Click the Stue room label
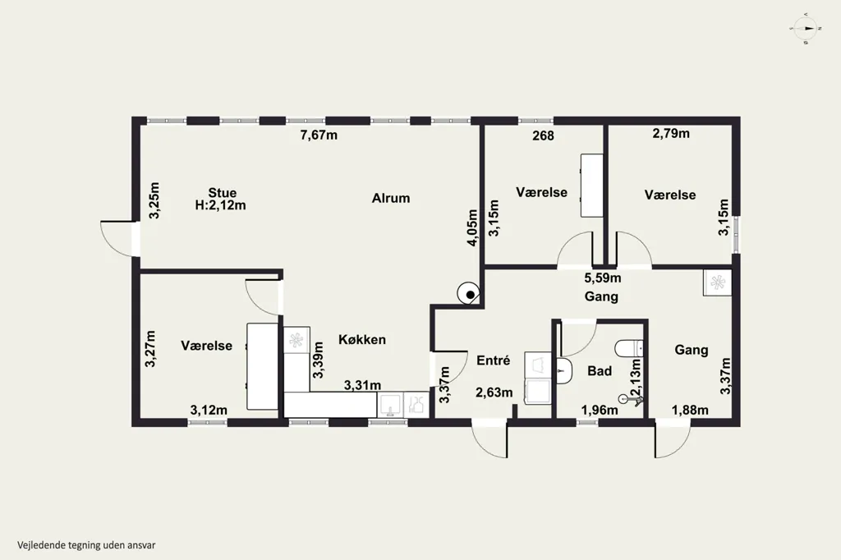[x=222, y=193]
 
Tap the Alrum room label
[x=391, y=198]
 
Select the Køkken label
[x=362, y=340]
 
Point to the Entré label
[x=494, y=360]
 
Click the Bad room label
[x=600, y=370]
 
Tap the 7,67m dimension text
[x=319, y=135]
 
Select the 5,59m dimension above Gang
[x=603, y=278]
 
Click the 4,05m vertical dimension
[x=472, y=227]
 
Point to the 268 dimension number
[x=544, y=135]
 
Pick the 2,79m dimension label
[x=671, y=134]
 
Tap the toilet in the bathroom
[x=628, y=349]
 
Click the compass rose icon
[x=806, y=28]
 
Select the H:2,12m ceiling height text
[x=220, y=205]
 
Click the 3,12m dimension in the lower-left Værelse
[x=209, y=411]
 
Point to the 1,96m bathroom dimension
[x=600, y=411]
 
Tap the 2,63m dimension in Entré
[x=494, y=392]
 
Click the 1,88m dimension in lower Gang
[x=690, y=411]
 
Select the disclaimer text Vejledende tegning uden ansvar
[x=86, y=545]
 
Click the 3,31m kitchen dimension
[x=362, y=385]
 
